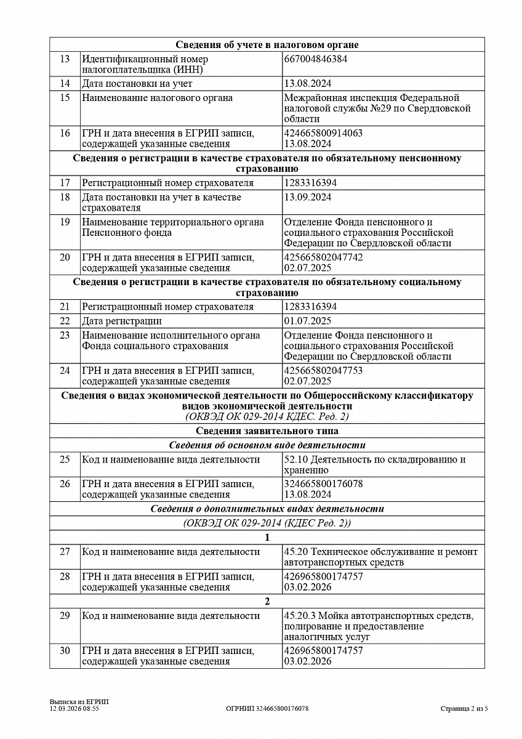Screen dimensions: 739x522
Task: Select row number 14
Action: [x=65, y=84]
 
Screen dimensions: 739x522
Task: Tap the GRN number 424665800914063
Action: [x=324, y=133]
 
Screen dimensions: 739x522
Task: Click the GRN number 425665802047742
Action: [x=324, y=257]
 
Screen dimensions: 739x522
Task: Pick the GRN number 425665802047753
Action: [x=324, y=370]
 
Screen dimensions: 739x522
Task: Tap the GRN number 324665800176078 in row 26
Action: [x=324, y=483]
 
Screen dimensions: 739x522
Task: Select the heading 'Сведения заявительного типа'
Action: [x=267, y=431]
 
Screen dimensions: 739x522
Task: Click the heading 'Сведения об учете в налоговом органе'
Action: [x=267, y=45]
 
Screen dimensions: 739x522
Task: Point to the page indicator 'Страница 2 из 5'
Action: [x=464, y=709]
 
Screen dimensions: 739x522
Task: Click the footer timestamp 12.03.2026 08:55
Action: [x=74, y=709]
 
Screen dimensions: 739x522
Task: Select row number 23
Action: [x=65, y=336]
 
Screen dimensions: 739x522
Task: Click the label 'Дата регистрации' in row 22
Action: [x=122, y=321]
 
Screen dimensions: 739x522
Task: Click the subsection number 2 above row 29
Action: [x=267, y=602]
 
